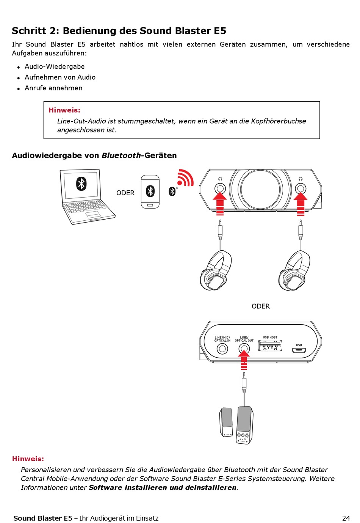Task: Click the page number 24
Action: (346, 518)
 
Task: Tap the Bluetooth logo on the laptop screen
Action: (81, 184)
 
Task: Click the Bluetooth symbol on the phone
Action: (150, 191)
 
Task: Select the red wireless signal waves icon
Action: (185, 177)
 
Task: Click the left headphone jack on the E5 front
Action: (220, 188)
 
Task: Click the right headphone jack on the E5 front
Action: (301, 188)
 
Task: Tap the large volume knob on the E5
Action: (260, 188)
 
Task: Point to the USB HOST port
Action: (270, 346)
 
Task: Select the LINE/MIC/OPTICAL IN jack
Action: (222, 349)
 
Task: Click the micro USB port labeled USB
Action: (299, 350)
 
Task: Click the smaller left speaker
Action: (226, 422)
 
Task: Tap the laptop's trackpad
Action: (93, 215)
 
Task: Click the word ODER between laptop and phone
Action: (125, 193)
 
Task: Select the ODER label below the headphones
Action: (261, 306)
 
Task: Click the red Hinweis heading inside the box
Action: (64, 110)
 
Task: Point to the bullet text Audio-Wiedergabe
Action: (55, 66)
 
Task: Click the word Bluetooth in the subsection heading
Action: (121, 155)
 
